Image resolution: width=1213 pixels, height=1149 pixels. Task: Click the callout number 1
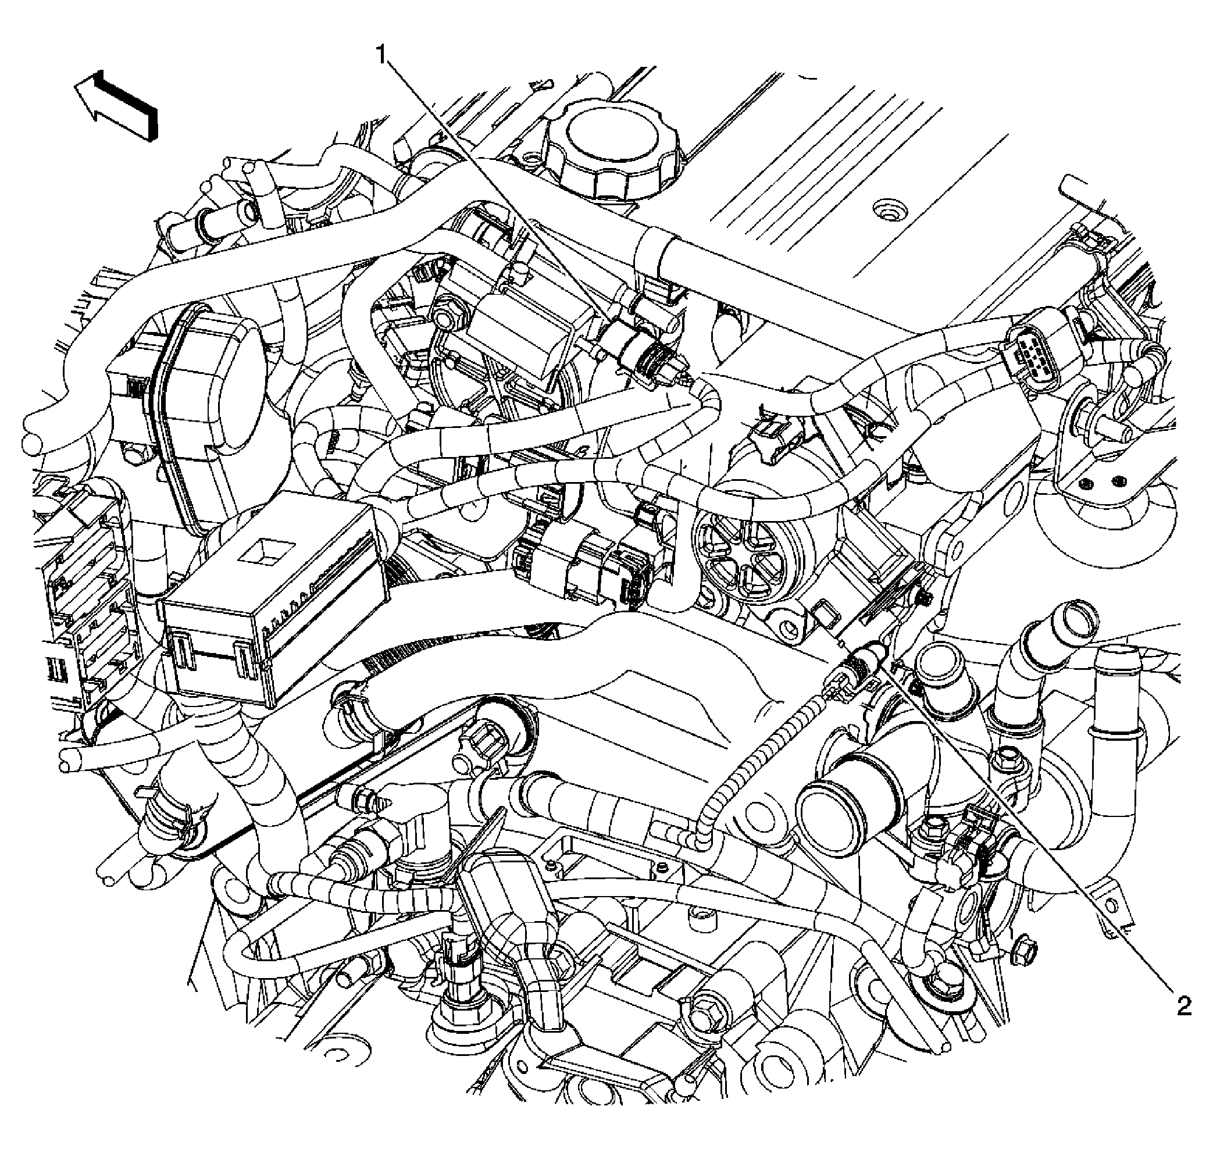coord(381,56)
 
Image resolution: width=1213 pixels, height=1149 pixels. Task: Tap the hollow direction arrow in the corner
coord(116,106)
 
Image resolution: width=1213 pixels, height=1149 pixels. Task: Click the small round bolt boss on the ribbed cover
coord(884,210)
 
